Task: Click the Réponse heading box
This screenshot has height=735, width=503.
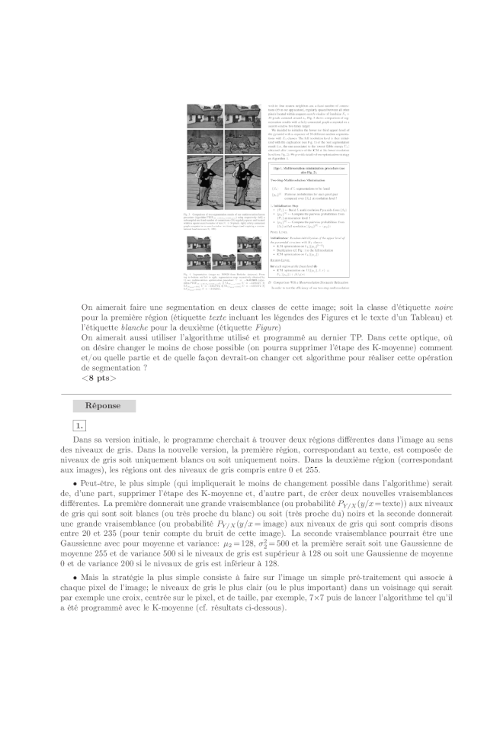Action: pos(104,406)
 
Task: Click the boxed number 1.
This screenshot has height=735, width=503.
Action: pos(80,425)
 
